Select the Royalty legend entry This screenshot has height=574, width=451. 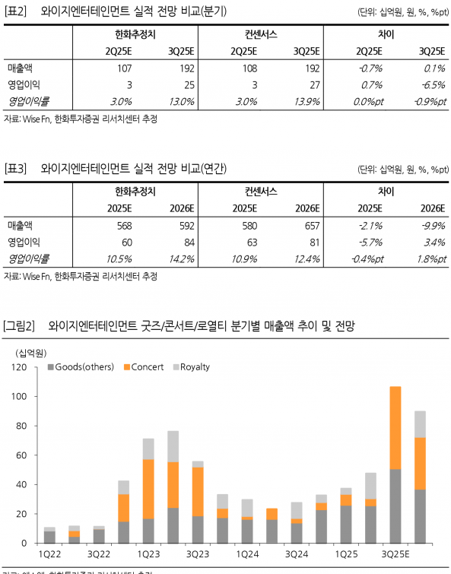point(195,367)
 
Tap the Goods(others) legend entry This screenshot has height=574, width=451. point(84,367)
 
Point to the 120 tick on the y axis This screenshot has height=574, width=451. point(20,367)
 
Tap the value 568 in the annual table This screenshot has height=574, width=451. point(124,225)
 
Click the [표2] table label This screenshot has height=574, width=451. point(16,11)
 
